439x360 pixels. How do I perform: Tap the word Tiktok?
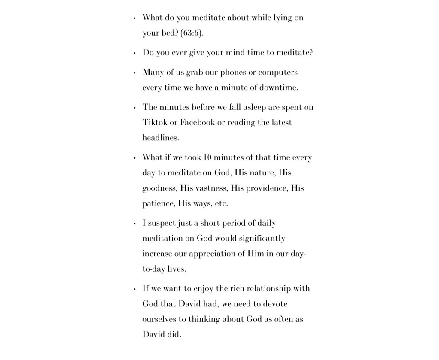[154, 123]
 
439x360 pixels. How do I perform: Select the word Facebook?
[197, 123]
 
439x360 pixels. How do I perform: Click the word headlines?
[161, 138]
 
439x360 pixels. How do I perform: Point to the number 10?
[207, 157]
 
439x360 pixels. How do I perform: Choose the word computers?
[278, 73]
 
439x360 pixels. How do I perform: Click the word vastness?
[211, 188]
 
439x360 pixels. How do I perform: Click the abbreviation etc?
[221, 204]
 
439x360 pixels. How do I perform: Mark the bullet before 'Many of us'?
[135, 73]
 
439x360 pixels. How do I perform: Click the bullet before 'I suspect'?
[135, 224]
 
